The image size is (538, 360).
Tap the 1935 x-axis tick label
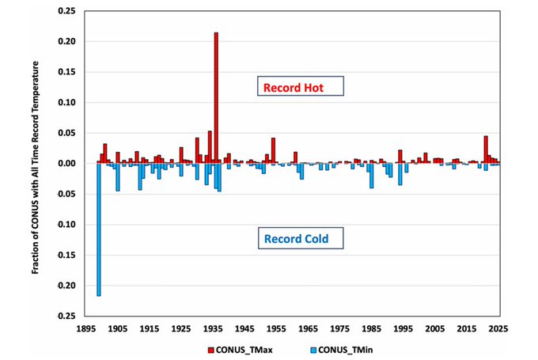213,327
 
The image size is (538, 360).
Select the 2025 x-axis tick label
498,327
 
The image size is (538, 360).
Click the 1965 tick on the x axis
308,327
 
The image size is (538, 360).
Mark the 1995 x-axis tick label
403,327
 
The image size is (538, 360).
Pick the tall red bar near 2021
486,150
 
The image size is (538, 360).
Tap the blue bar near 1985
371,176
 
